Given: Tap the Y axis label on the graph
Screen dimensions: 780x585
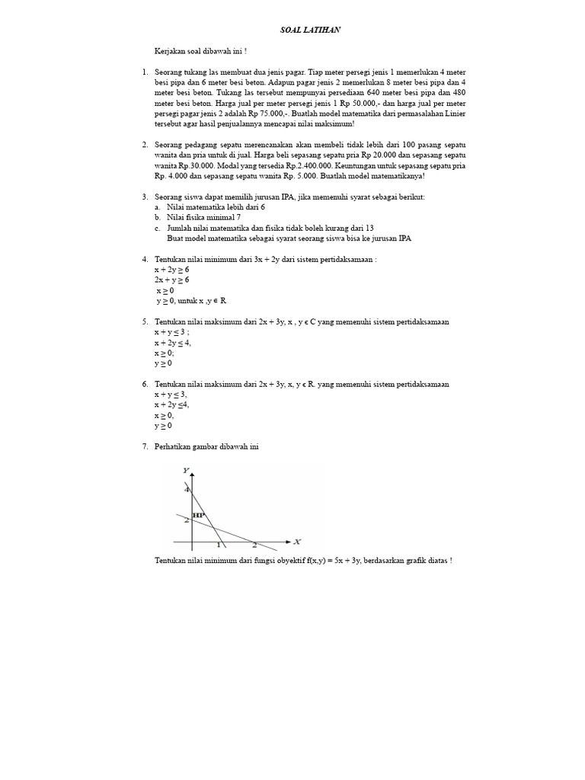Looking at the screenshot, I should (186, 471).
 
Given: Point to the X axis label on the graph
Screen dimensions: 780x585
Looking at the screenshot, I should (297, 542).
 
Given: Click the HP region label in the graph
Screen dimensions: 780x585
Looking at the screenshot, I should (199, 515).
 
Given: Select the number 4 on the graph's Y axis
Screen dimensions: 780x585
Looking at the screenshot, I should (187, 489).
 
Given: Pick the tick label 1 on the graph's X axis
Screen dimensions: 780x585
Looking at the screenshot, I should (219, 545).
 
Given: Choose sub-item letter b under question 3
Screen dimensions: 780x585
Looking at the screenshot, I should (157, 217).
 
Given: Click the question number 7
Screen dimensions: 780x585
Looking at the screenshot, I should (145, 446).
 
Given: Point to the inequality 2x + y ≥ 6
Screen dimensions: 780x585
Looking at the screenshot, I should (171, 280).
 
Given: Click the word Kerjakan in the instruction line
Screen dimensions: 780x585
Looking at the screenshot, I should (170, 51).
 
